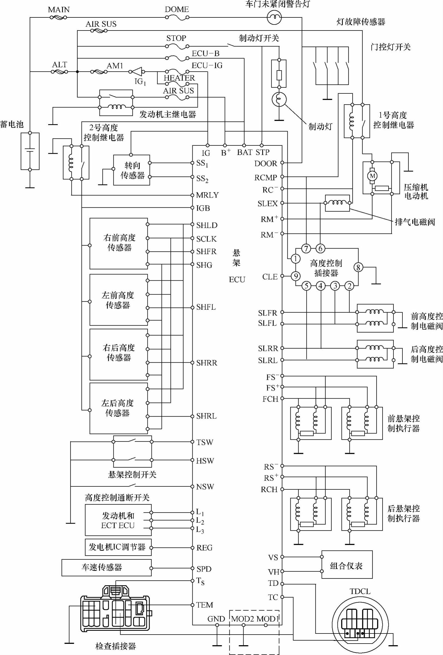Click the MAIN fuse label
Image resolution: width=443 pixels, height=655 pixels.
click(59, 10)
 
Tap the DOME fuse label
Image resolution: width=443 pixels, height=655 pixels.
click(177, 9)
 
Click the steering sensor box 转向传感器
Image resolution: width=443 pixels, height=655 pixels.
click(132, 170)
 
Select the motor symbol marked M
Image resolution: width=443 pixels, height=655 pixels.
click(372, 176)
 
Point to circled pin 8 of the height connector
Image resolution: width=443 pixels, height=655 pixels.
click(358, 267)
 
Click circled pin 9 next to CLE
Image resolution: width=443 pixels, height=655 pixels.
click(296, 276)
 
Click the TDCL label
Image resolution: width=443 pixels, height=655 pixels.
click(360, 591)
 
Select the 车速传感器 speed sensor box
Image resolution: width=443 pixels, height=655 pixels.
click(106, 567)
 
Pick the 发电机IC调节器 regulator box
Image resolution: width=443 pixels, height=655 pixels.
click(118, 547)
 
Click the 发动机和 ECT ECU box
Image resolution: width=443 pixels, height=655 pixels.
click(118, 520)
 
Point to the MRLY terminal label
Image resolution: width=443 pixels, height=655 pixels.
click(208, 195)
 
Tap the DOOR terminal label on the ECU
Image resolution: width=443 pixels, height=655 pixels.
click(266, 163)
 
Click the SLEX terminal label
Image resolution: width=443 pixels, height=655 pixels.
click(267, 203)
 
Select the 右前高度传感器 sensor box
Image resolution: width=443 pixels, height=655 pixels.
click(119, 243)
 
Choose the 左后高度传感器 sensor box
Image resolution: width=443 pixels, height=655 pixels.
click(119, 408)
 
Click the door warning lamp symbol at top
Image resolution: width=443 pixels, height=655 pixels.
click(274, 17)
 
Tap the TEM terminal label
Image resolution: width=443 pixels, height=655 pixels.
click(205, 605)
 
